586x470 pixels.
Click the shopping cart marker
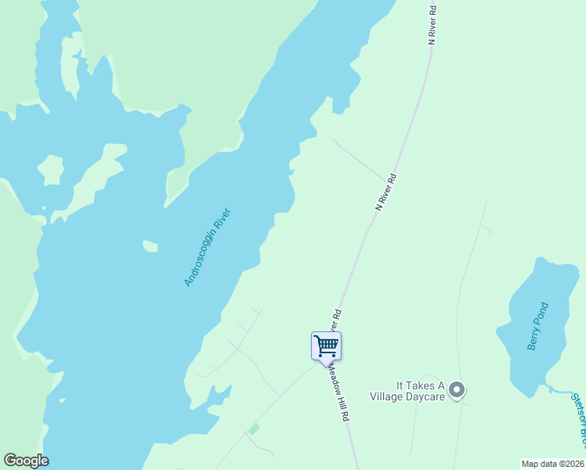[326, 345]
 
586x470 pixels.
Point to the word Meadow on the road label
[335, 381]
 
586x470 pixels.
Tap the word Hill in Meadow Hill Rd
[342, 403]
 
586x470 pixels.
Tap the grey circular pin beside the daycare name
[458, 389]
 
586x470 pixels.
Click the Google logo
[26, 461]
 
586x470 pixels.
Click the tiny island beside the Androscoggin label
[150, 247]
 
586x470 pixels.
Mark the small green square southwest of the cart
[253, 428]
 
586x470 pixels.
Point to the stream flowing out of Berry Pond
[560, 389]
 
